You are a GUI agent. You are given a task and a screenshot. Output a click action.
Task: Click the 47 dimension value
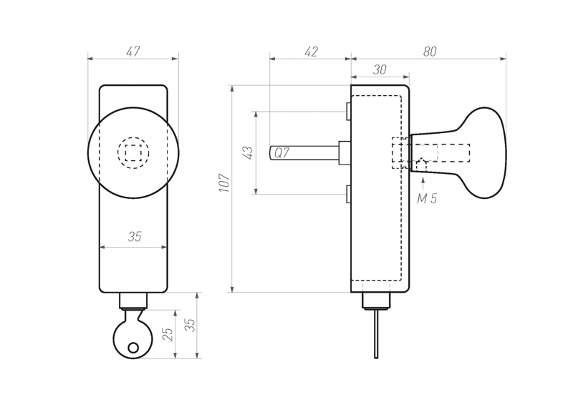[x=133, y=52]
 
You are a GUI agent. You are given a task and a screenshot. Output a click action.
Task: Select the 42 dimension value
[x=311, y=52]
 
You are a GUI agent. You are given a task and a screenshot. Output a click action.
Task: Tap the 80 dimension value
[x=430, y=52]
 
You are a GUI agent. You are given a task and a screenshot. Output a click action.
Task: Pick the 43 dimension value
[x=247, y=153]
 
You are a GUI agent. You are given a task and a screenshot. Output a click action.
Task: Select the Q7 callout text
[x=282, y=152]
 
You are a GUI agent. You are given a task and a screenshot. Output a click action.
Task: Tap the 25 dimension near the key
[x=168, y=334]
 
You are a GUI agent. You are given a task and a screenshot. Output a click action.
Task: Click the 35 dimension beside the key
[x=190, y=326]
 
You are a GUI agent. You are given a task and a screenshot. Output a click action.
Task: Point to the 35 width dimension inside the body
[x=134, y=238]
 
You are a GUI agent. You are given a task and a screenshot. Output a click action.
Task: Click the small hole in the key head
[x=133, y=348]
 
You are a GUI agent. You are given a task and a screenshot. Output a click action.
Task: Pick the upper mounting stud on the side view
[x=347, y=111]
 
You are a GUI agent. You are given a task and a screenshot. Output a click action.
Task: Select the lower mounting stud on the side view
[x=347, y=194]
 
